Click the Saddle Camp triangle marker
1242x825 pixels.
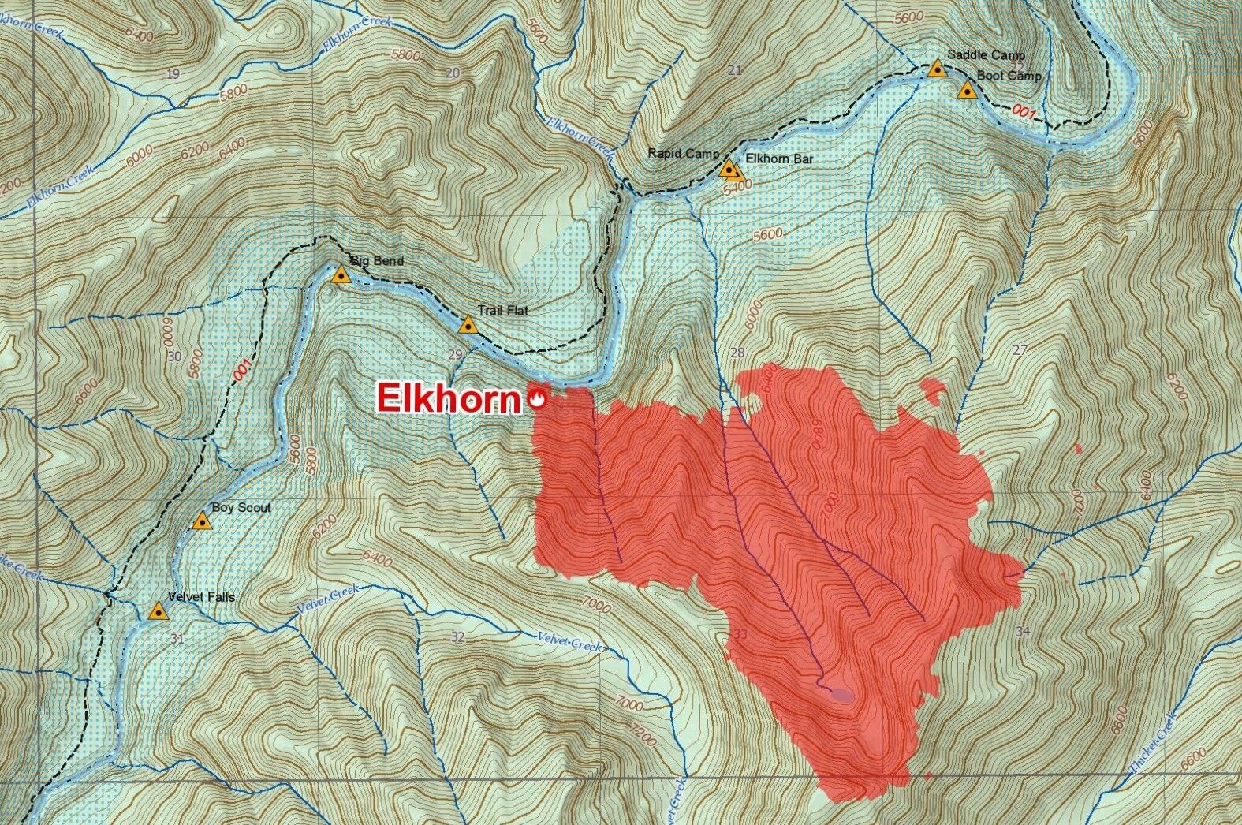pyautogui.click(x=936, y=69)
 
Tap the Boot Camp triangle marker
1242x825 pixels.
pyautogui.click(x=967, y=90)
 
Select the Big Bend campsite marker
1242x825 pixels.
pyautogui.click(x=341, y=275)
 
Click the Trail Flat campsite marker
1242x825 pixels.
pyautogui.click(x=468, y=325)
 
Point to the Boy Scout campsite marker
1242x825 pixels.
pyautogui.click(x=203, y=521)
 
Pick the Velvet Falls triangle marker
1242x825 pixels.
pyautogui.click(x=159, y=610)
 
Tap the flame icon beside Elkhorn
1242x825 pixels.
pyautogui.click(x=538, y=398)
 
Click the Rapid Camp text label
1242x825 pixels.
pyautogui.click(x=683, y=153)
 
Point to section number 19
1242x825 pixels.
pyautogui.click(x=174, y=73)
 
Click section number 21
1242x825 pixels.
pyautogui.click(x=735, y=70)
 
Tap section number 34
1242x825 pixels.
pyautogui.click(x=1023, y=630)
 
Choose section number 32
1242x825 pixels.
pyautogui.click(x=457, y=636)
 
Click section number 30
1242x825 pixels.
pyautogui.click(x=175, y=356)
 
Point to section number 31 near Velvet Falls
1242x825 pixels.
pyautogui.click(x=176, y=639)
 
